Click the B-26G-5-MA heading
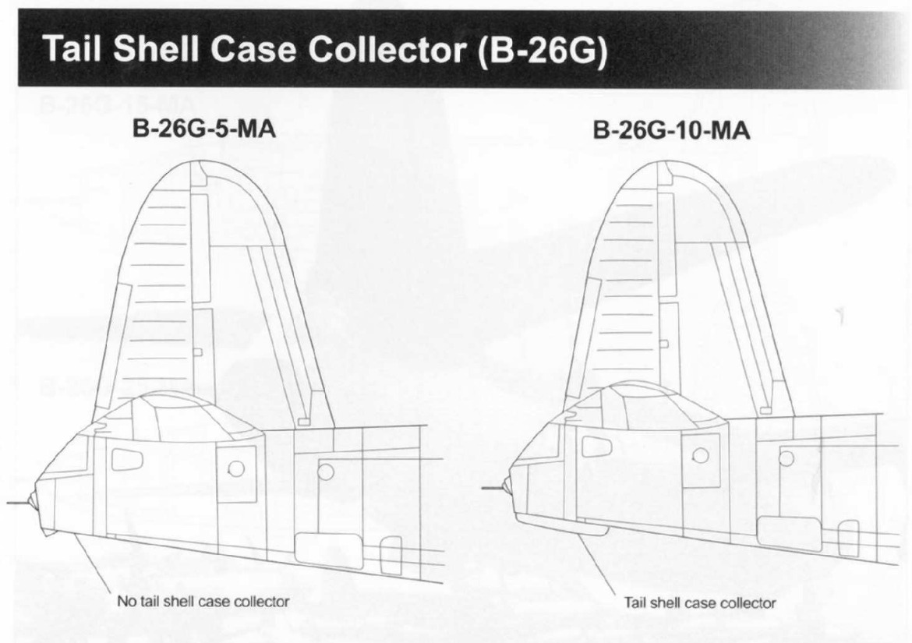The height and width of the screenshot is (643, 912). (204, 129)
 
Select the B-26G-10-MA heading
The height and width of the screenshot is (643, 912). (671, 130)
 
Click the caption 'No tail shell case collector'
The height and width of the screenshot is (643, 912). (203, 601)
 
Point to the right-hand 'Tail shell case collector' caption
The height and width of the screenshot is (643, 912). (700, 603)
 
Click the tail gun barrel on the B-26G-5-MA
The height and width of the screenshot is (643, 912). (18, 502)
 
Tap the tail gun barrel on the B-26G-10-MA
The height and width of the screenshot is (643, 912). (494, 488)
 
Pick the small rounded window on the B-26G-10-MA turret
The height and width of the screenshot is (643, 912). (595, 447)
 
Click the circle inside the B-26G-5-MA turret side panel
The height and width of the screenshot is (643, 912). (236, 468)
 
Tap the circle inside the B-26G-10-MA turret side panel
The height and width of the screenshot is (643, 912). (702, 454)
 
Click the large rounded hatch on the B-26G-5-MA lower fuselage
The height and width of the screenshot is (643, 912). (326, 550)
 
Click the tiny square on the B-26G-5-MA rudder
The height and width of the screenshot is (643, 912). (198, 352)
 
